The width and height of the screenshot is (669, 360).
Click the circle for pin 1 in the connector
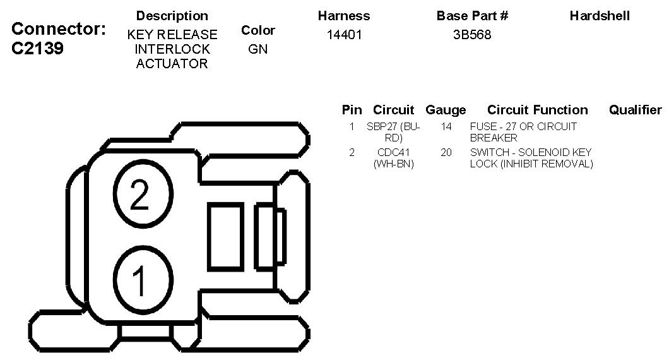tap(143, 279)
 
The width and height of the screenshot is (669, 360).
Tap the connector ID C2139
tap(38, 49)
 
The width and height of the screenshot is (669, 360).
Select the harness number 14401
tap(345, 35)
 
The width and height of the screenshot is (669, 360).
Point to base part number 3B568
tap(472, 35)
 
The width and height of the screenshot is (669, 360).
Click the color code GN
tap(258, 49)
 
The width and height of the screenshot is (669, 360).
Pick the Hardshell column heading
tap(600, 16)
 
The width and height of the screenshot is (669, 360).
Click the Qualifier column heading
tap(635, 110)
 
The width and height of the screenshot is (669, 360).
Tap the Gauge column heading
tap(446, 110)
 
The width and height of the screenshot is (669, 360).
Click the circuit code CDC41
tap(393, 153)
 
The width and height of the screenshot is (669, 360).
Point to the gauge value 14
tap(446, 126)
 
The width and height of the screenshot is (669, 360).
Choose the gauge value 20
tap(446, 153)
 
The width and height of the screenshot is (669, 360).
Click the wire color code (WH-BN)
tap(393, 164)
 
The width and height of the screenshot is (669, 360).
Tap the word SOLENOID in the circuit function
tap(540, 153)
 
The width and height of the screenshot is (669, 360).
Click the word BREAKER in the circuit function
tap(494, 138)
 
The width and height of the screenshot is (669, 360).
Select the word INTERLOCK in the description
tap(172, 49)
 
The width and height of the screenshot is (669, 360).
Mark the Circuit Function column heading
tap(537, 110)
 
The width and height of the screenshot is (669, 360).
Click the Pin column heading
tap(352, 110)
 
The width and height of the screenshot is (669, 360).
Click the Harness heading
tap(344, 16)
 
